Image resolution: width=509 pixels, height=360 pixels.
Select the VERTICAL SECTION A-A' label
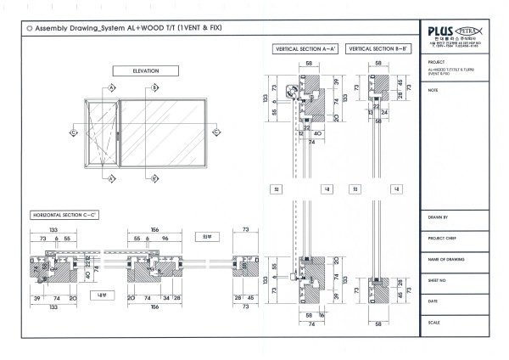pyautogui.click(x=305, y=50)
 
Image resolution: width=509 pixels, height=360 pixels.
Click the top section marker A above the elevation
pyautogui.click(x=112, y=87)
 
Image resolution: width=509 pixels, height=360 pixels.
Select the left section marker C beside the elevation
pyautogui.click(x=74, y=133)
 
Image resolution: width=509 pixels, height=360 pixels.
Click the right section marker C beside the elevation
pyautogui.click(x=214, y=133)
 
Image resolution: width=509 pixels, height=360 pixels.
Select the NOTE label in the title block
pyautogui.click(x=433, y=88)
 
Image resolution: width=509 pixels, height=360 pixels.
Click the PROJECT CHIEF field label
pyautogui.click(x=440, y=239)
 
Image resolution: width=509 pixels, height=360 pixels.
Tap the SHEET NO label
pyautogui.click(x=437, y=278)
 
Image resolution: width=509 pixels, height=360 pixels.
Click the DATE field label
pyautogui.click(x=433, y=301)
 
